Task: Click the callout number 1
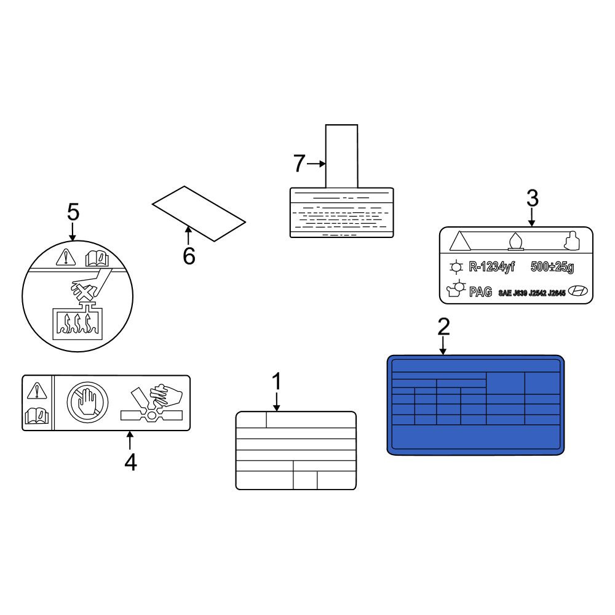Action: [277, 381]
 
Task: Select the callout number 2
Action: [443, 327]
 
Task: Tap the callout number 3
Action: [532, 199]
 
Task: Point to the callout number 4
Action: [130, 462]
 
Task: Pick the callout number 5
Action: [73, 212]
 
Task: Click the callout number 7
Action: [299, 164]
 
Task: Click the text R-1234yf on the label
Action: [491, 267]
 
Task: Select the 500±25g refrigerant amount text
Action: [552, 267]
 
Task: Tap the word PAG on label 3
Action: [480, 292]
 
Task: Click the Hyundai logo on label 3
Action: [578, 291]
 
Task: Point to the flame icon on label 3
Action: [516, 241]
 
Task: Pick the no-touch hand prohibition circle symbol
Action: [87, 402]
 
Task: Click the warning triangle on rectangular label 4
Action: [37, 391]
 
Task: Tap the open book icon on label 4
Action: [37, 416]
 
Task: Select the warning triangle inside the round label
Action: [66, 257]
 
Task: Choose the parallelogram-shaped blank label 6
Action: [199, 214]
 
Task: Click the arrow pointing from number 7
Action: [316, 164]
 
